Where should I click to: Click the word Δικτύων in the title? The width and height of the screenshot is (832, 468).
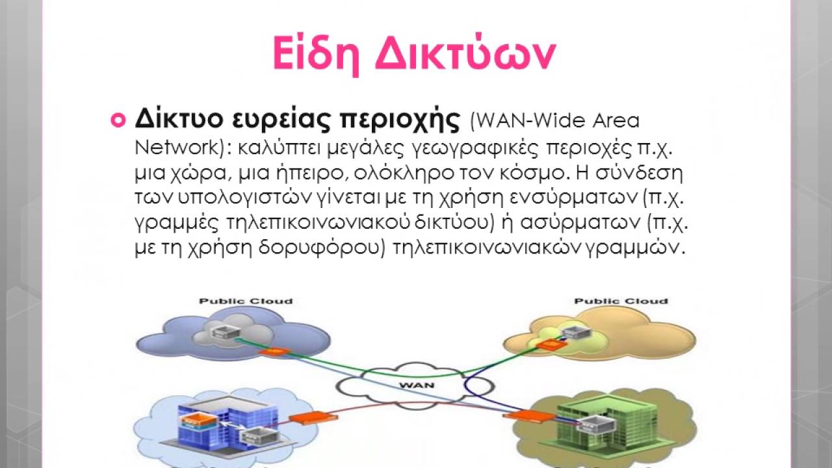point(465,55)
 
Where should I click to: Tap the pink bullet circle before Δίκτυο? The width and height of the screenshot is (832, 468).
point(118,120)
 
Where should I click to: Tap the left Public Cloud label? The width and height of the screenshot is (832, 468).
point(246,301)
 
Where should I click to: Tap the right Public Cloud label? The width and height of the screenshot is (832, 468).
point(621,301)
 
